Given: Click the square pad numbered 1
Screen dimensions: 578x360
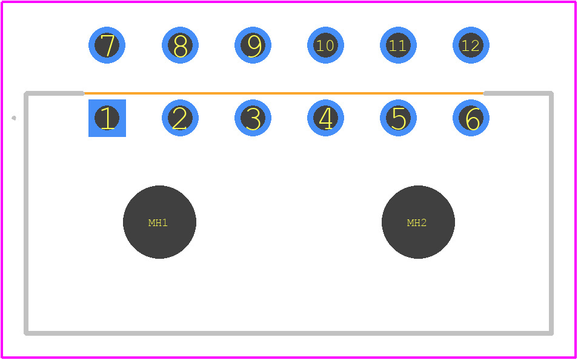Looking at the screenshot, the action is click(107, 118).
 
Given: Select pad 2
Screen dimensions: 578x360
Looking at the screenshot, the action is click(180, 118).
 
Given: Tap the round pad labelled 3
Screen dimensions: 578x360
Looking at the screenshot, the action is click(253, 118).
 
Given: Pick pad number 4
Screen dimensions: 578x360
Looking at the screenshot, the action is click(325, 118).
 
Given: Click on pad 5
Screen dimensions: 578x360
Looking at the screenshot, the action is click(398, 118).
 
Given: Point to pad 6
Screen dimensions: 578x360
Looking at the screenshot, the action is click(471, 118).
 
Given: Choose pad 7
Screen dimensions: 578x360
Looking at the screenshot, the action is click(107, 45).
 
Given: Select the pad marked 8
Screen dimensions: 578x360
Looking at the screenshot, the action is click(180, 45).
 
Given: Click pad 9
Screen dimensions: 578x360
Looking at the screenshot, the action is click(253, 45).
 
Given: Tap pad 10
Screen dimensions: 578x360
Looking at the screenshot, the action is click(325, 45).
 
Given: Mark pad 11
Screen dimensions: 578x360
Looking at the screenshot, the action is click(398, 45).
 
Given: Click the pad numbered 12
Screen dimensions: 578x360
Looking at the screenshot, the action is click(471, 45).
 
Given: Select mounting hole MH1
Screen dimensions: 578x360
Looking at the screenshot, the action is click(159, 222).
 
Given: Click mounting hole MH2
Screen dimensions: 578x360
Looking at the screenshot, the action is click(418, 222).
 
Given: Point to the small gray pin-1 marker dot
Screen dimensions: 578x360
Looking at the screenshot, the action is click(14, 118).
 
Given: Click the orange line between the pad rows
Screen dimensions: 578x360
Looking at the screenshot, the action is click(284, 93).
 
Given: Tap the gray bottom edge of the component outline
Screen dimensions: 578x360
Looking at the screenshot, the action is click(288, 333).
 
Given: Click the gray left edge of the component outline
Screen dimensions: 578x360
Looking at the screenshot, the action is click(26, 213).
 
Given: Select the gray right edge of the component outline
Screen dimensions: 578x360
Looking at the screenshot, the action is click(551, 213).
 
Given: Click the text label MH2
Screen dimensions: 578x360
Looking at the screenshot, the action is click(417, 222).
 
